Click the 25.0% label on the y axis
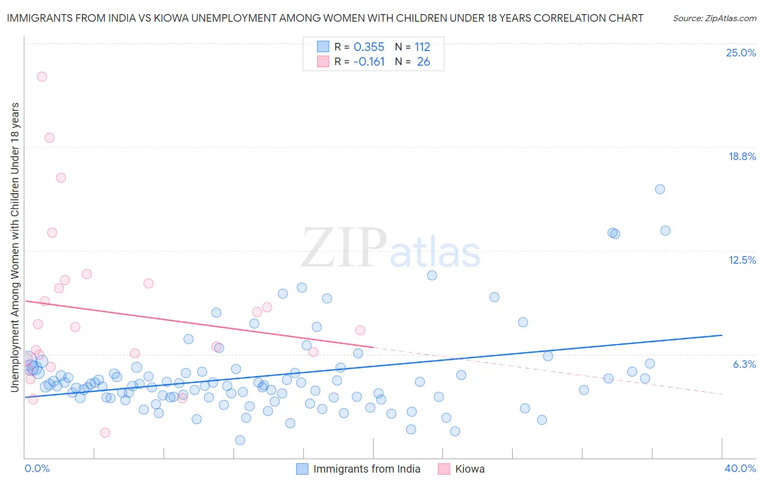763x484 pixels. pyautogui.click(x=741, y=53)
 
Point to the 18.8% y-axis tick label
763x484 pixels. pyautogui.click(x=742, y=156)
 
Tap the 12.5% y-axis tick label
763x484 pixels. pyautogui.click(x=742, y=260)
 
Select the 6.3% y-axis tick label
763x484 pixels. pyautogui.click(x=744, y=364)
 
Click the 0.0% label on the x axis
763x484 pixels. pyautogui.click(x=37, y=468)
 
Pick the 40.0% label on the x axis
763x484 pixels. pyautogui.click(x=740, y=468)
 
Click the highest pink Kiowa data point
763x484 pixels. pyautogui.click(x=42, y=77)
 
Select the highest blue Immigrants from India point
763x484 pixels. pyautogui.click(x=660, y=189)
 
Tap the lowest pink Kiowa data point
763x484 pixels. pyautogui.click(x=105, y=432)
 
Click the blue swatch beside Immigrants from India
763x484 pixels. pyautogui.click(x=302, y=469)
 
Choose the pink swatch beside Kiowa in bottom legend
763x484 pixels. pyautogui.click(x=444, y=469)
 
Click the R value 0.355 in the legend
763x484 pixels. pyautogui.click(x=369, y=47)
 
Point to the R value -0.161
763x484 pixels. pyautogui.click(x=369, y=62)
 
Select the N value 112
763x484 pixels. pyautogui.click(x=422, y=47)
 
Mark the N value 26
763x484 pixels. pyautogui.click(x=423, y=62)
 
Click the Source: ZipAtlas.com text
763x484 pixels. pyautogui.click(x=714, y=18)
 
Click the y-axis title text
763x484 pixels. pyautogui.click(x=15, y=247)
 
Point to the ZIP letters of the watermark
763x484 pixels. pyautogui.click(x=344, y=248)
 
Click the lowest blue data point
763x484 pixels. pyautogui.click(x=240, y=440)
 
